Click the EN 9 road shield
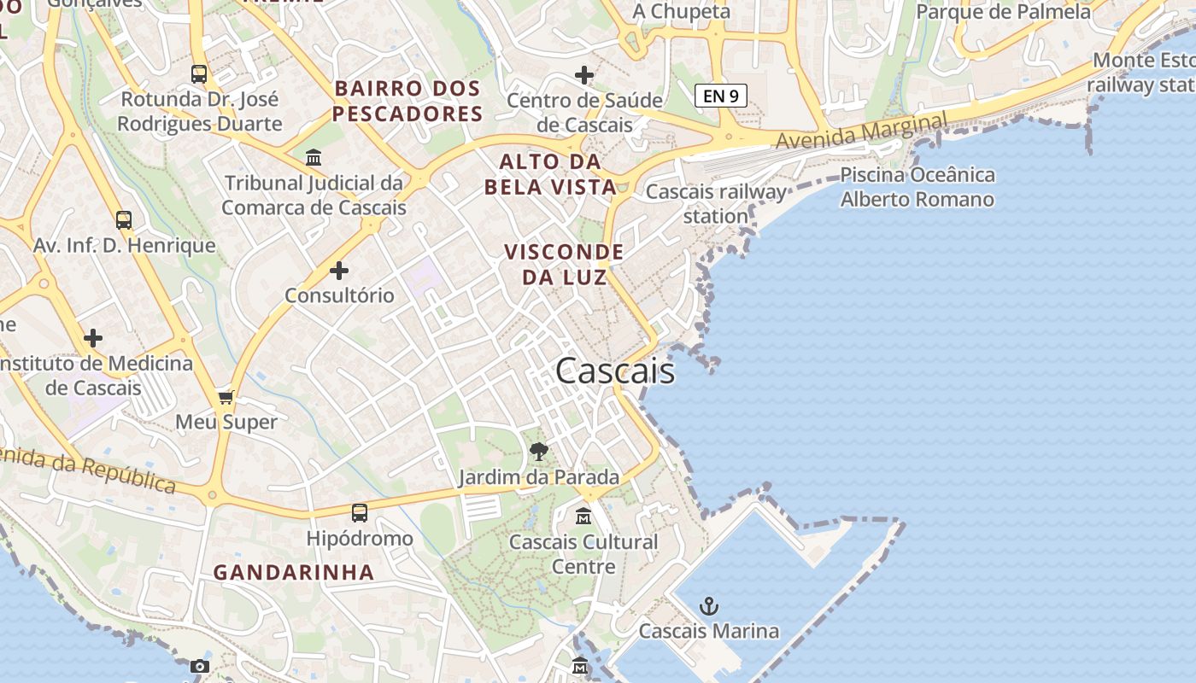point(721,96)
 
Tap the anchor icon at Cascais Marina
point(708,606)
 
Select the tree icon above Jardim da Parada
point(538,451)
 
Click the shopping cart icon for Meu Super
point(226,397)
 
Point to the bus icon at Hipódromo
point(360,512)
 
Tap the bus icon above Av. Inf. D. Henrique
point(124,220)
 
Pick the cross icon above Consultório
point(339,271)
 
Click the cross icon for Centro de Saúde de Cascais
point(584,75)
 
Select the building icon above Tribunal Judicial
point(314,158)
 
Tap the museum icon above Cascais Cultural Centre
point(583,516)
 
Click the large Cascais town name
point(615,371)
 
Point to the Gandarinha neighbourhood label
point(294,572)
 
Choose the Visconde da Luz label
point(564,265)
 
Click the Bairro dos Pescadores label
point(408,101)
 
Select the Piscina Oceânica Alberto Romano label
point(918,187)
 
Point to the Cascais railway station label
point(716,203)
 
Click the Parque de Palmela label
point(1004,12)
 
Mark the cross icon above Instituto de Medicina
point(93,338)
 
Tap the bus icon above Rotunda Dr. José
point(199,74)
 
